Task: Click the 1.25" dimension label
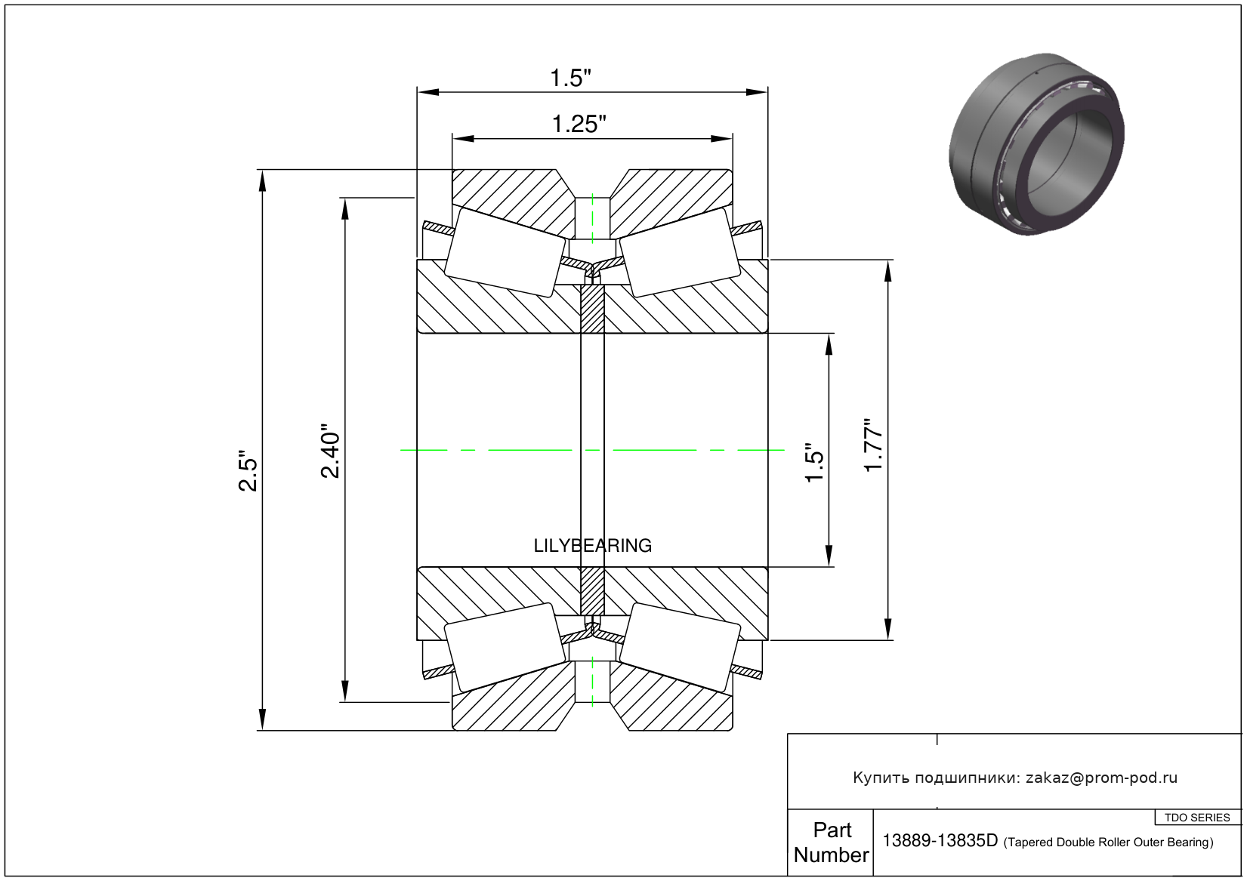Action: coord(579,124)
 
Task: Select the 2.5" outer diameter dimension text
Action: coord(248,471)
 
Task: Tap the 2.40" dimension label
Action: coord(331,450)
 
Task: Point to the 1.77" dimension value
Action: coord(874,445)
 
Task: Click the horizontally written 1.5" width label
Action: coord(569,78)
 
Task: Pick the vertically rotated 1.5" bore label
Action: coord(813,462)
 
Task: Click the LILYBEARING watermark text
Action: coord(592,545)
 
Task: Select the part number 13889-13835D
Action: coord(940,841)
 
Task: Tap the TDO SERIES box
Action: coord(1197,818)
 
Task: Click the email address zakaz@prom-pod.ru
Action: coord(1101,778)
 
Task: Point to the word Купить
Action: coord(881,778)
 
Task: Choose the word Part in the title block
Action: coord(832,830)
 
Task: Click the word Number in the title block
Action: coord(831,855)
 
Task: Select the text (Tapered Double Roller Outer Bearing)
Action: coord(1108,842)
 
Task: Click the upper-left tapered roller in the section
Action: coord(505,252)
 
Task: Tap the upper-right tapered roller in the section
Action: coord(679,252)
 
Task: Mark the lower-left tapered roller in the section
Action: coord(505,647)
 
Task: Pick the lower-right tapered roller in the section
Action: coord(679,647)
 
